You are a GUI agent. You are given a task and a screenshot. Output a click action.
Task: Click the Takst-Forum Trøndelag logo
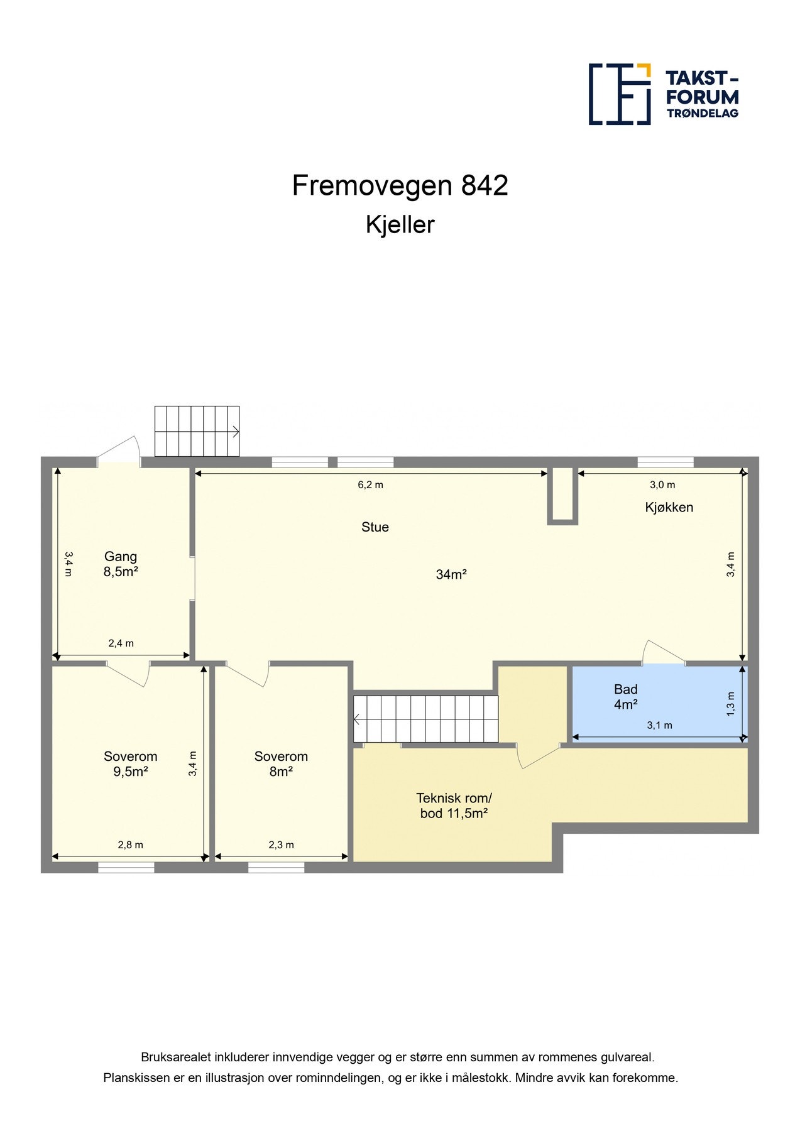tap(664, 94)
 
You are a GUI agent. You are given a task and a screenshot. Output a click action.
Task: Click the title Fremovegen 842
tap(400, 185)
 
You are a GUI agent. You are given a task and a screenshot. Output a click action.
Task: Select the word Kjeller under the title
tap(400, 225)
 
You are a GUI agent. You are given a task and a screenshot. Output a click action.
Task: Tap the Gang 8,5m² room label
tap(121, 564)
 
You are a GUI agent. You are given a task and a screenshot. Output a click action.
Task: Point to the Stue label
tap(375, 527)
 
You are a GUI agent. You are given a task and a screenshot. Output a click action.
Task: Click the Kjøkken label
tap(669, 507)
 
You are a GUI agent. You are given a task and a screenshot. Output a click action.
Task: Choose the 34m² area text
tap(451, 574)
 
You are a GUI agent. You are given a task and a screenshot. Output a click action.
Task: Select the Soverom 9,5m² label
tap(131, 764)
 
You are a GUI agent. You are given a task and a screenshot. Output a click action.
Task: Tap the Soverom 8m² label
tap(281, 764)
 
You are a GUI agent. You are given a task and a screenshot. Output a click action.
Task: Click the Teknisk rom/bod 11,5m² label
tap(454, 806)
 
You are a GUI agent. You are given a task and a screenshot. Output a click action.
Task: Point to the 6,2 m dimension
tap(371, 484)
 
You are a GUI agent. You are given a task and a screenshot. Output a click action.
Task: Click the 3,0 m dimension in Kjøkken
tap(662, 484)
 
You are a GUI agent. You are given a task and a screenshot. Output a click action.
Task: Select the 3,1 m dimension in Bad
tap(660, 725)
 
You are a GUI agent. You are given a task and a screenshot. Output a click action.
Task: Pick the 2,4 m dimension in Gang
tap(121, 643)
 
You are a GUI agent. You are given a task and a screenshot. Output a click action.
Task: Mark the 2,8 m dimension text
tap(131, 844)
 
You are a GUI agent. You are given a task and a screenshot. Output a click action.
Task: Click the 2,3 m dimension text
tap(281, 844)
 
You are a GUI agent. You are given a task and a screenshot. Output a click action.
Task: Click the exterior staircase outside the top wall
tap(197, 431)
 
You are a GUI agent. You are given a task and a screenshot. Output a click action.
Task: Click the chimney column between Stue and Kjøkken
tap(562, 496)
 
